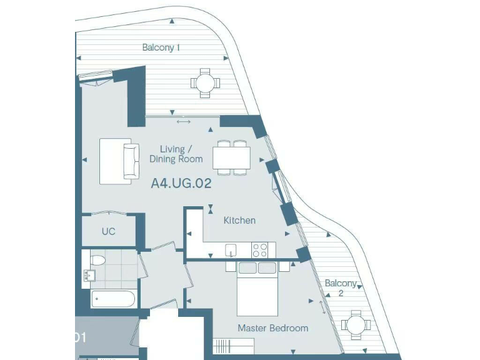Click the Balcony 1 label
[161, 47]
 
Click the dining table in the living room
[231, 157]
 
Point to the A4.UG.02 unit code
[181, 184]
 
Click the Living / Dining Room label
[176, 154]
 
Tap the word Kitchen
[239, 220]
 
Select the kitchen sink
[231, 251]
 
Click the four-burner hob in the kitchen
[260, 250]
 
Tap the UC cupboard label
[109, 231]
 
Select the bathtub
[113, 299]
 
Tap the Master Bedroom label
[272, 328]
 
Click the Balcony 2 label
[341, 287]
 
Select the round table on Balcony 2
[356, 325]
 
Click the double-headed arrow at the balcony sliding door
[183, 121]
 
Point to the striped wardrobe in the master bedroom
[233, 346]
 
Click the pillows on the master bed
[257, 269]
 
